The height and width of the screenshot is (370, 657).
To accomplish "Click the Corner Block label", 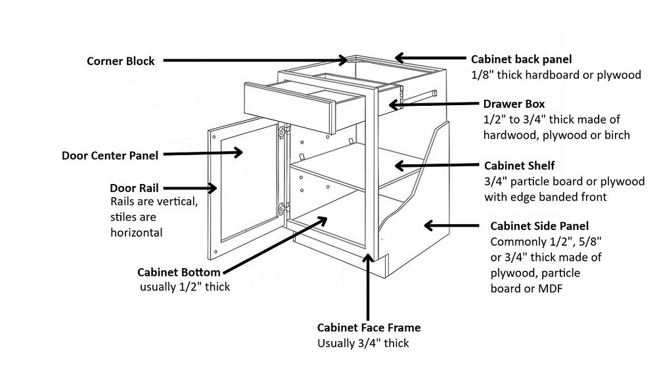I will click(121, 61).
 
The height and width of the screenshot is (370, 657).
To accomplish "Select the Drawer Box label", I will click(514, 104).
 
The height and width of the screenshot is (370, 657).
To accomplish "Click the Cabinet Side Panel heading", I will click(535, 225).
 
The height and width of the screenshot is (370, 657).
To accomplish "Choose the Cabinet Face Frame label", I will click(369, 327).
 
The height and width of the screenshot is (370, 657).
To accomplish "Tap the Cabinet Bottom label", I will click(179, 272).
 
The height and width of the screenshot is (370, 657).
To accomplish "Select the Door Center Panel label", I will click(110, 156).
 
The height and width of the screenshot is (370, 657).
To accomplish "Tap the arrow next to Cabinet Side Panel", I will click(453, 225).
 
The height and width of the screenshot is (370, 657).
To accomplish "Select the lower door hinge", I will click(283, 209).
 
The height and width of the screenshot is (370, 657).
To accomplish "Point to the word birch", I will click(616, 135).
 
